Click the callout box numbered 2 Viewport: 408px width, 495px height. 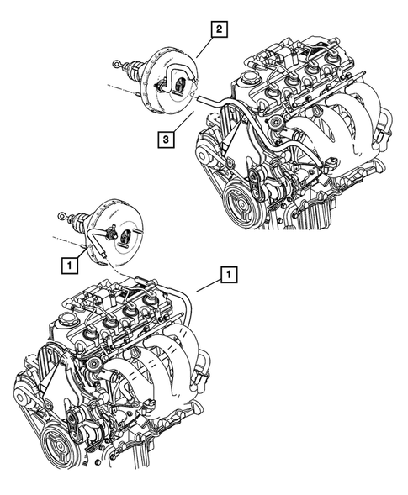[x=219, y=31]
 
